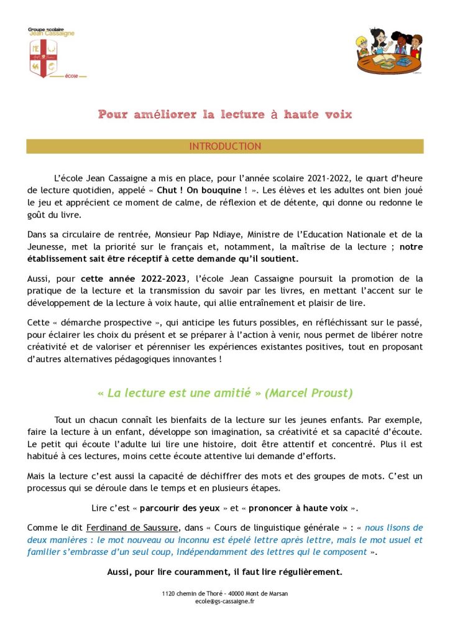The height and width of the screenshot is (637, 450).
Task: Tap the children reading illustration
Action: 389,50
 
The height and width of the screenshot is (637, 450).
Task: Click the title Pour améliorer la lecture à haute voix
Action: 224,114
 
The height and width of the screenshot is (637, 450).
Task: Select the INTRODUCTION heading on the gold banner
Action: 224,146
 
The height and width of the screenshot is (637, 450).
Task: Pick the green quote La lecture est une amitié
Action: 178,393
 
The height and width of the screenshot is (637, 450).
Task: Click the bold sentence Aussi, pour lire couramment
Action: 224,572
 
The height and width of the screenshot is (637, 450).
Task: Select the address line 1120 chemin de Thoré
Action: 224,594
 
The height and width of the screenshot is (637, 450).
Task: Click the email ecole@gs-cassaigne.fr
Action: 224,602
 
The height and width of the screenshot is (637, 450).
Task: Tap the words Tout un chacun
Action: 85,421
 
